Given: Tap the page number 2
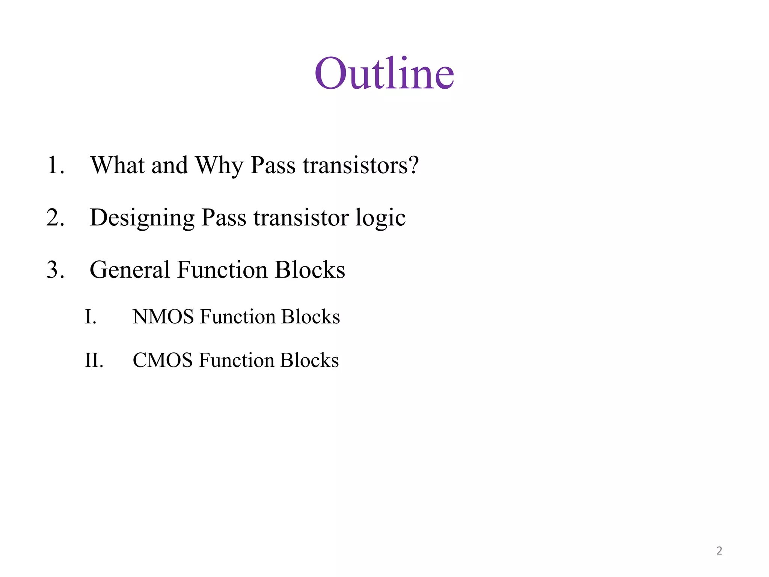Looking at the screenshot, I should tap(719, 551).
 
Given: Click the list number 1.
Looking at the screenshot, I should tap(55, 165).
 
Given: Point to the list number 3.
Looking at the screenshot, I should tap(55, 270).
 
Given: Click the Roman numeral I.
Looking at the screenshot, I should tap(90, 317).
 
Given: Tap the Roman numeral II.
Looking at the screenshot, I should tap(94, 360).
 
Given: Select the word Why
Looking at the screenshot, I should tap(219, 166).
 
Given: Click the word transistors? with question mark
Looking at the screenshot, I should tap(360, 165).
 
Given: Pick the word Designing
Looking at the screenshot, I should tap(142, 218).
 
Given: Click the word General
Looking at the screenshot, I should tap(130, 270).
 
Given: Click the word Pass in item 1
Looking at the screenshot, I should tap(273, 165).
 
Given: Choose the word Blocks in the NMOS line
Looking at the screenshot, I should tap(311, 317).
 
